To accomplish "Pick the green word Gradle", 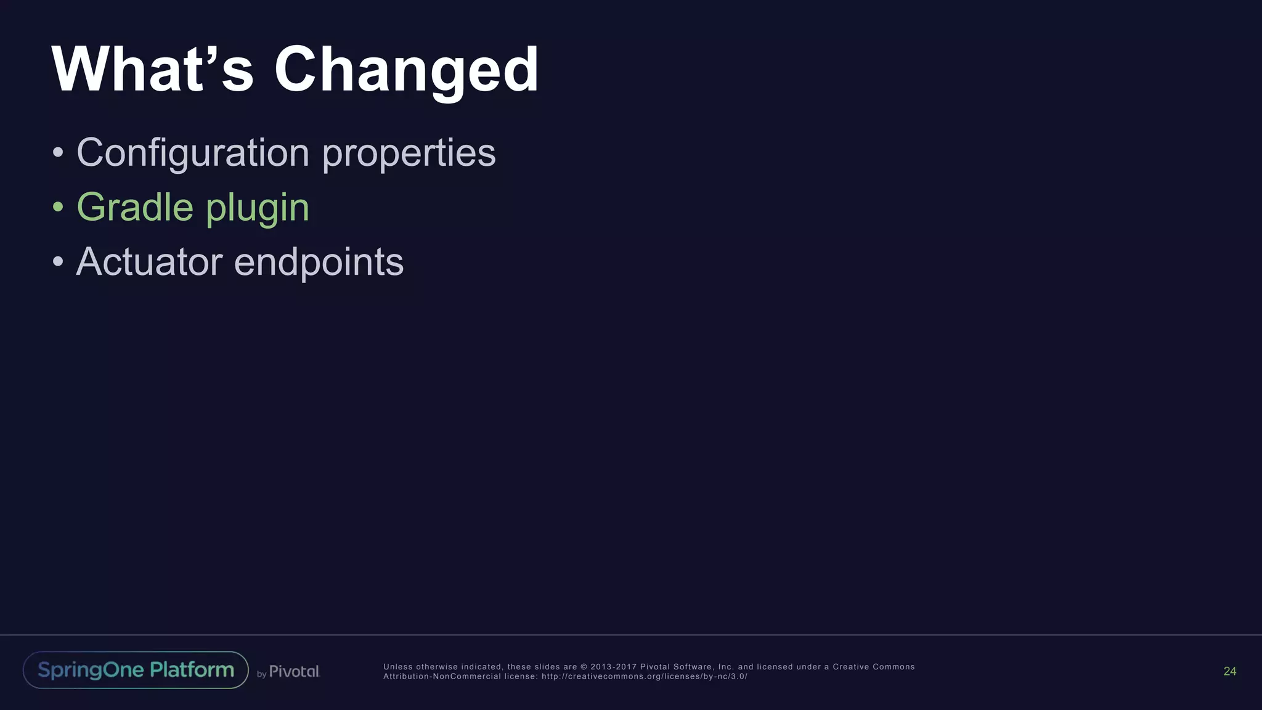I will click(x=135, y=207).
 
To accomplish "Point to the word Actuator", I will click(x=149, y=262).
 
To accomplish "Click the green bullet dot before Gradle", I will click(x=58, y=207).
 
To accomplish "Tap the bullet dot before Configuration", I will click(x=58, y=152).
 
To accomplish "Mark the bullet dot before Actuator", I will click(x=58, y=262).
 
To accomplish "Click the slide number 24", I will click(x=1229, y=671).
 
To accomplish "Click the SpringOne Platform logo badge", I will click(x=136, y=670).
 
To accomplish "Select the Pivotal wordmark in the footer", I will click(x=295, y=671).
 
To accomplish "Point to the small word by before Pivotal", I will click(x=261, y=674).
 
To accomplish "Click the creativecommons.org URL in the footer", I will click(x=645, y=676).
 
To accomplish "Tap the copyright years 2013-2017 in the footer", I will click(x=614, y=667).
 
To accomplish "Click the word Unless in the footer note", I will click(x=398, y=667).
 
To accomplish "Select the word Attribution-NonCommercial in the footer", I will click(x=442, y=676).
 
